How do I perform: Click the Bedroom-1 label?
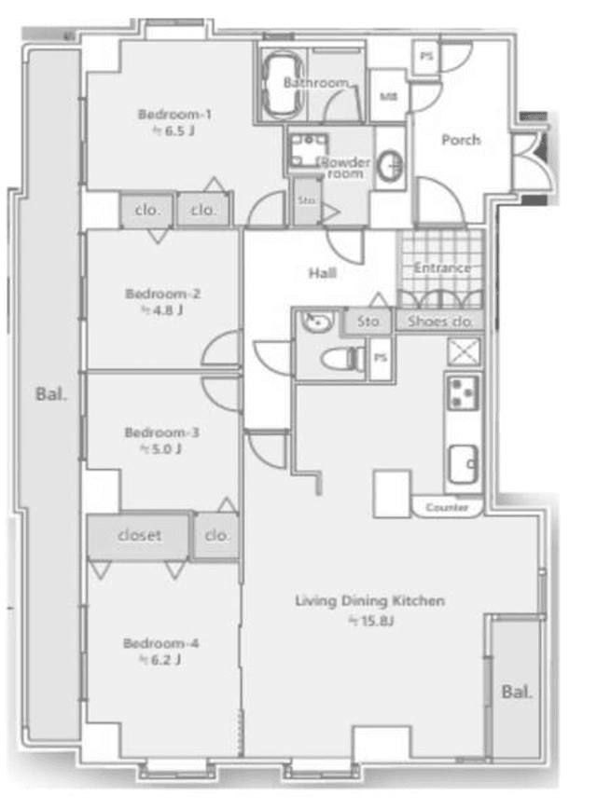(174, 114)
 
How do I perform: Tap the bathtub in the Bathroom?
(283, 83)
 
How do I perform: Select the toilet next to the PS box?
(342, 358)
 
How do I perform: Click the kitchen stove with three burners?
(463, 392)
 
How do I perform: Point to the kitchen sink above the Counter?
(463, 464)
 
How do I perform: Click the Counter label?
(447, 507)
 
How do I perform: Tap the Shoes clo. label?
(440, 322)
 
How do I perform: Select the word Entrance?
(442, 268)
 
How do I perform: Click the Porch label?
(461, 140)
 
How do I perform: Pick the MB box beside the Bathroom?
(389, 96)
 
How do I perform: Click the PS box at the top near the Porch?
(426, 56)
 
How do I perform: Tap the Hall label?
(323, 273)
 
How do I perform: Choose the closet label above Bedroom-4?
(140, 535)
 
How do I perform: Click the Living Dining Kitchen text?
(370, 601)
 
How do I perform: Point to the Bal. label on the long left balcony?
(51, 394)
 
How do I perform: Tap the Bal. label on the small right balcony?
(517, 692)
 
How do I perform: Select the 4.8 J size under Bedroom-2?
(162, 310)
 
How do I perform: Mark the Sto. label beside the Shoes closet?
(368, 322)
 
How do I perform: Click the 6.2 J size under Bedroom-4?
(160, 660)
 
